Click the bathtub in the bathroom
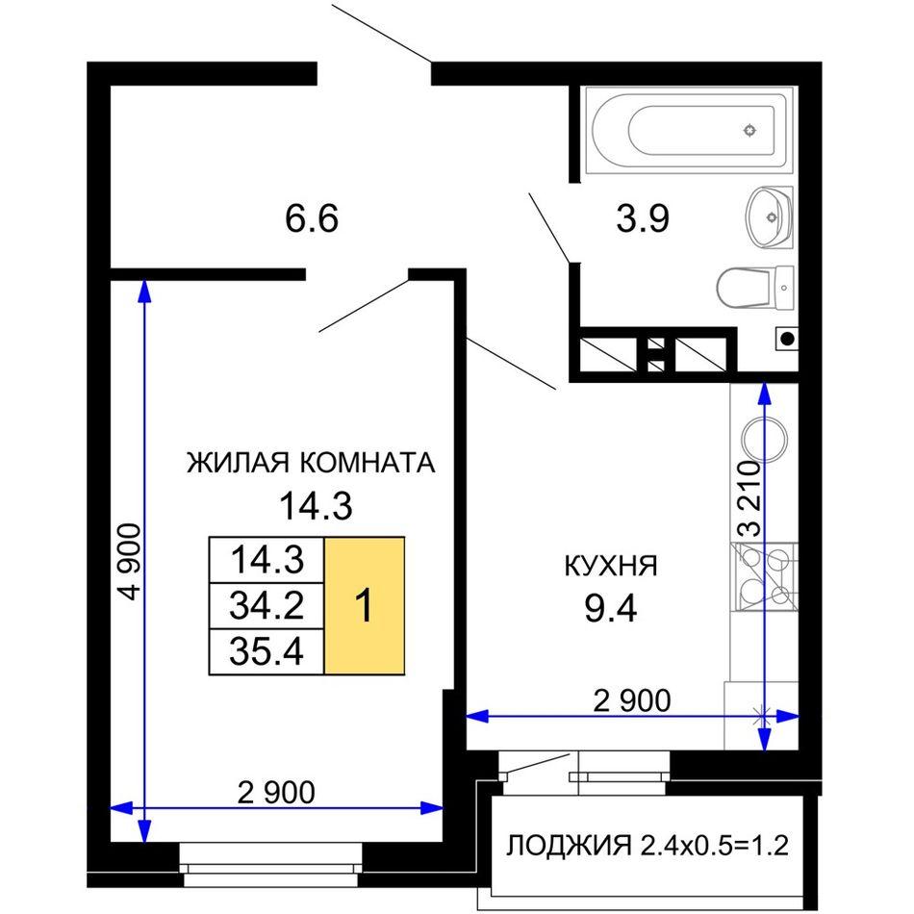689,130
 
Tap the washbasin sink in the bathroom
769,217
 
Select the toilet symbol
755,288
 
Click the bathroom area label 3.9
643,218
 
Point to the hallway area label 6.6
312,218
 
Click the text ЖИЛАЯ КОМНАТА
311,463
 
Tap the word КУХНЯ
611,566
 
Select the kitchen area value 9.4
611,609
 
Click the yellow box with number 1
365,605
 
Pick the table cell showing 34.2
267,605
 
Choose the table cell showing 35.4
267,651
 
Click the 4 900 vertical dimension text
129,562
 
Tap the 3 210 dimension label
749,499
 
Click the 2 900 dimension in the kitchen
632,700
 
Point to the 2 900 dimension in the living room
276,793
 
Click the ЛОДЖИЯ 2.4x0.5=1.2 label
647,846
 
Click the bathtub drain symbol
750,130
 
